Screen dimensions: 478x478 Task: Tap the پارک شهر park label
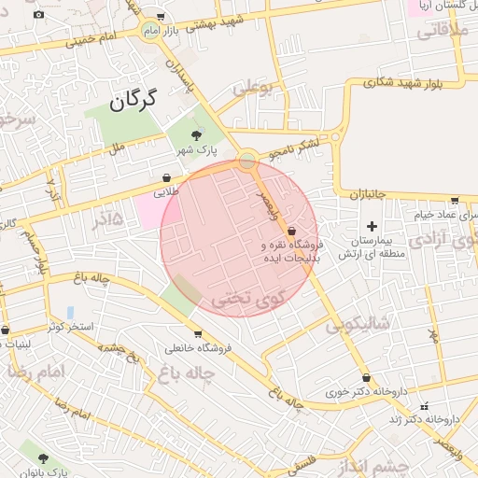(197, 150)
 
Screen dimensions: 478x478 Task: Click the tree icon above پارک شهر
(195, 136)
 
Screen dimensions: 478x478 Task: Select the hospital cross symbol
(373, 226)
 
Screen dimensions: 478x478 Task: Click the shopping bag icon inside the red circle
(291, 231)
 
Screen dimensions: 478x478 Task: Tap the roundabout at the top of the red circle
(246, 162)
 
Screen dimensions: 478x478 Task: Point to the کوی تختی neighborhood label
(246, 301)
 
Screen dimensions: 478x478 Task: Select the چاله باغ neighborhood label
(188, 374)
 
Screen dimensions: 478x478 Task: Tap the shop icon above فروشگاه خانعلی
(198, 334)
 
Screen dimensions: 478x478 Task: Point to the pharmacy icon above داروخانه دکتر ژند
(427, 406)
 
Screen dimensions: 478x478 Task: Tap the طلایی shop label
(165, 191)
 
